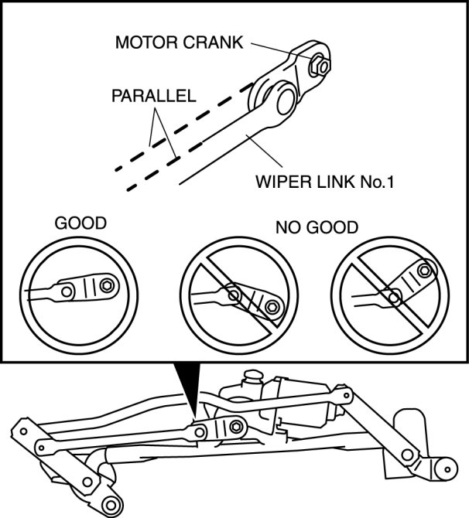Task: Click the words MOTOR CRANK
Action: pos(179,42)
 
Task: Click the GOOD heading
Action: pos(80,224)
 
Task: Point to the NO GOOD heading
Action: pos(317,228)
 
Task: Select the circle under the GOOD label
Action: pos(71,289)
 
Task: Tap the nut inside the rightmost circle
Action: pos(423,270)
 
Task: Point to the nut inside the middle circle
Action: pos(272,308)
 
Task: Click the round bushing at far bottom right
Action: pos(444,468)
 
